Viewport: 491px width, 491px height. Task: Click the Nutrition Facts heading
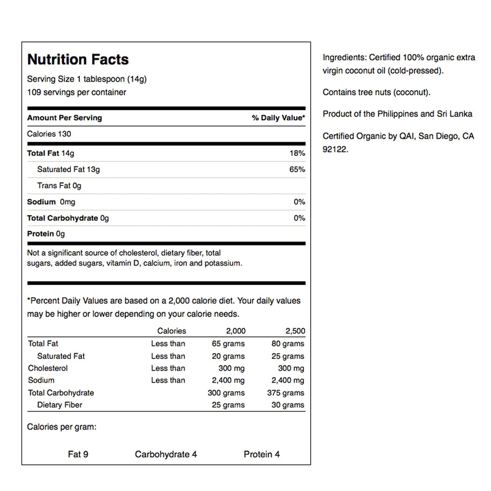coord(78,60)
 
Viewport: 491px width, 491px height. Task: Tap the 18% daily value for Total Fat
coord(297,153)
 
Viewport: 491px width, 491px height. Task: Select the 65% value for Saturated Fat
coord(297,170)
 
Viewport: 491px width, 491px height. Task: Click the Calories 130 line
coord(49,134)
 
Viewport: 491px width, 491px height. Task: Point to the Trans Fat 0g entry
coord(59,186)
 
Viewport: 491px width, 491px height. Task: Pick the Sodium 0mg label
coord(51,202)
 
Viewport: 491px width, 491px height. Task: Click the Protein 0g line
coord(46,234)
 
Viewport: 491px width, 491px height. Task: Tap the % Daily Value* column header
coord(278,118)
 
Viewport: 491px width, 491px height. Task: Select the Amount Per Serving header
coord(64,118)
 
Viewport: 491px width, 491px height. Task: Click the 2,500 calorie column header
coord(295,331)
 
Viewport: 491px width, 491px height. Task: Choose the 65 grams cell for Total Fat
coord(228,344)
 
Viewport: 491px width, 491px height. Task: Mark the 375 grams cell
coord(285,393)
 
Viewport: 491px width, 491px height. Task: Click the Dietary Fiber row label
coord(60,405)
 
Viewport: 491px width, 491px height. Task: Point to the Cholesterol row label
coord(48,368)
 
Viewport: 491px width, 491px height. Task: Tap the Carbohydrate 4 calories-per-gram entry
coord(166,454)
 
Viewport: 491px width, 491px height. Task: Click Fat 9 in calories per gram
coord(78,454)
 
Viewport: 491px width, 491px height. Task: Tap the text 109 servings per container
coord(77,92)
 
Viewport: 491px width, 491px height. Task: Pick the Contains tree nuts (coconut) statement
coord(376,92)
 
